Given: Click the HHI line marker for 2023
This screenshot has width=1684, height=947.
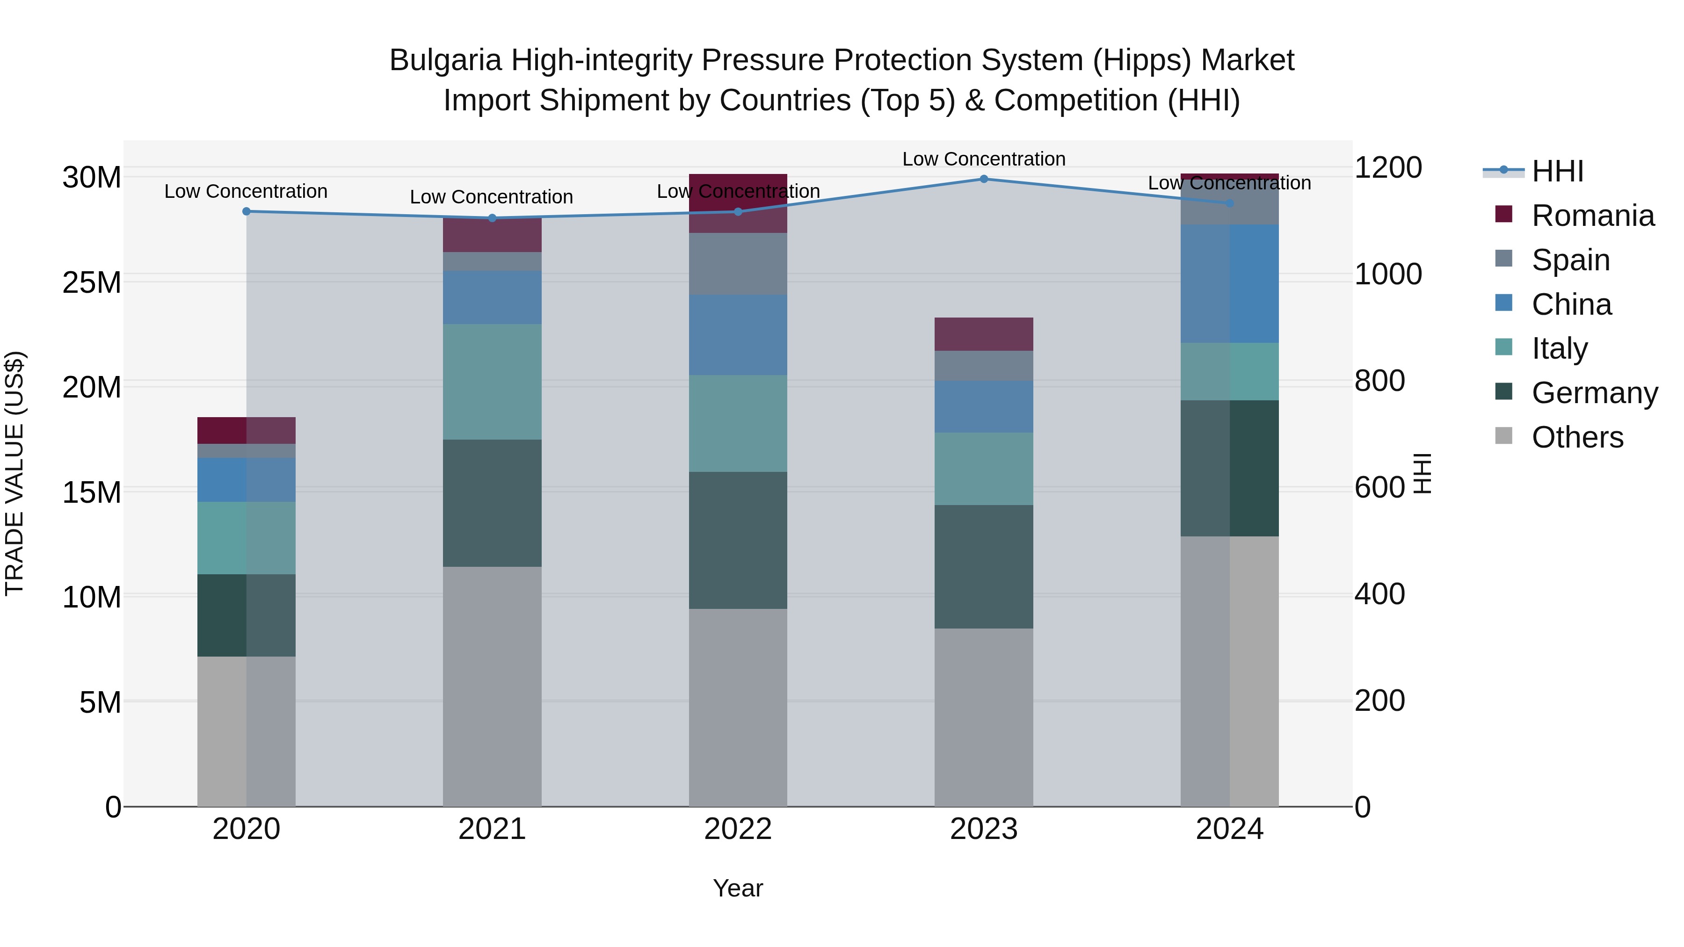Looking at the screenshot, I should (983, 179).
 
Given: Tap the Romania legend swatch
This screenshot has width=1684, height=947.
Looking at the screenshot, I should (1503, 214).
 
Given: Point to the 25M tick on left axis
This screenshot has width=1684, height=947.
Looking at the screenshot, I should (92, 282).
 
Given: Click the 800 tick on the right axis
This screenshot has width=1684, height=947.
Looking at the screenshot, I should (1379, 381).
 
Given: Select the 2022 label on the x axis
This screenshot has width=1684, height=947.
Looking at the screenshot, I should (738, 829).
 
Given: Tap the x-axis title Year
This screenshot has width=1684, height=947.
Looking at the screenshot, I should (738, 888).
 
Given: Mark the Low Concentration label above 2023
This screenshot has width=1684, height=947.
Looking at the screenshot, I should (983, 159).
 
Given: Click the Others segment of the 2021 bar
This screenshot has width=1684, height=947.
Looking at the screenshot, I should (492, 686).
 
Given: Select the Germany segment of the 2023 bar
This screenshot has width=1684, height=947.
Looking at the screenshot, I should (983, 567).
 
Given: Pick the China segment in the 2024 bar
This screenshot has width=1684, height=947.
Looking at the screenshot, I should (1229, 284).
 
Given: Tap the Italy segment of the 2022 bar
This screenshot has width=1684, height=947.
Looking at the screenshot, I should (738, 424).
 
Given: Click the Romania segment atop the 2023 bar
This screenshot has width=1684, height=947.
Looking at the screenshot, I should (983, 334).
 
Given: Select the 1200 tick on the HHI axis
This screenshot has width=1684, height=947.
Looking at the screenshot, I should (1387, 167).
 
